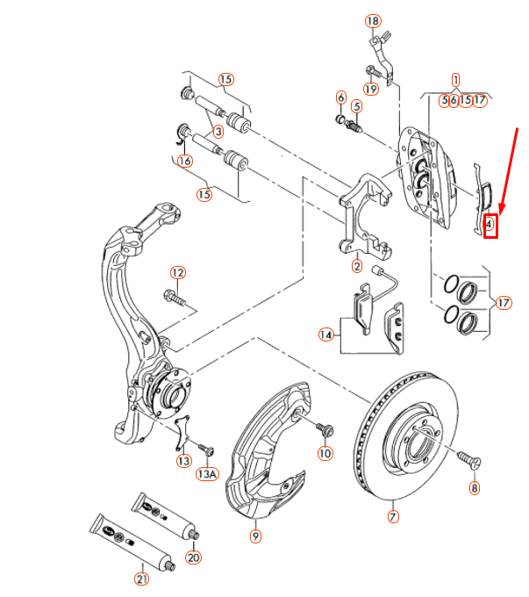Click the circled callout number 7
pyautogui.click(x=393, y=516)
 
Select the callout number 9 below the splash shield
pyautogui.click(x=255, y=533)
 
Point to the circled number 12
pyautogui.click(x=178, y=273)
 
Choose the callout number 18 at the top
pyautogui.click(x=374, y=21)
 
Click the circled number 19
pyautogui.click(x=371, y=89)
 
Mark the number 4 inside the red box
pyautogui.click(x=490, y=226)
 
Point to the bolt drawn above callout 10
pyautogui.click(x=326, y=429)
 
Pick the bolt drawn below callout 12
pyautogui.click(x=176, y=298)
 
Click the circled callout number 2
pyautogui.click(x=357, y=266)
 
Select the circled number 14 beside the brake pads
pyautogui.click(x=327, y=334)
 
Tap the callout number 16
pyautogui.click(x=184, y=161)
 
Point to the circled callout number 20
pyautogui.click(x=194, y=557)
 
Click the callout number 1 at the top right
pyautogui.click(x=456, y=78)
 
